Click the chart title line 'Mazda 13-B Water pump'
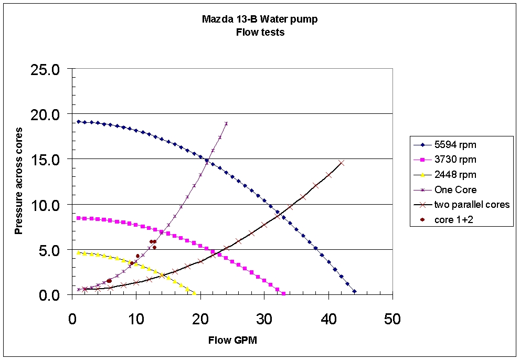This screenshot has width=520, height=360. tap(259, 20)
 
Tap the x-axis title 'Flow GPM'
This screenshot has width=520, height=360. tap(232, 340)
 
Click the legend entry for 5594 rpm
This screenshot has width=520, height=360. tap(455, 145)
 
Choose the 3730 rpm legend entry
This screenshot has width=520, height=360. tap(455, 160)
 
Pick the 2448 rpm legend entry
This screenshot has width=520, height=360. tap(455, 175)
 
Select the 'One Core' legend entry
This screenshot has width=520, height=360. tap(452, 189)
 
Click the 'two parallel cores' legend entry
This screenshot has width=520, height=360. tap(471, 205)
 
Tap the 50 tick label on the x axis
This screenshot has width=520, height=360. tap(392, 319)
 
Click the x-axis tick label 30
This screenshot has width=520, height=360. tap(264, 319)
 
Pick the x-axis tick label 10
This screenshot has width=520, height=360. tap(136, 319)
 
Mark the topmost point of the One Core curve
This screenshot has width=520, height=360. tap(226, 123)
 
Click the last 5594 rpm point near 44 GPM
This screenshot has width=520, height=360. tap(355, 291)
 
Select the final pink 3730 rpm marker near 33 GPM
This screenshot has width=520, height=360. tap(284, 293)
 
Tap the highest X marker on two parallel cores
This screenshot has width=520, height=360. tap(342, 163)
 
